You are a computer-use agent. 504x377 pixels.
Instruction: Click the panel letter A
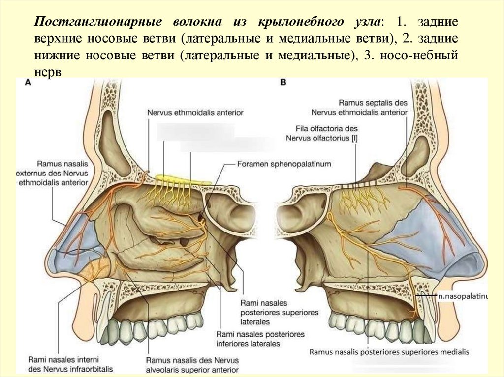coord(28,84)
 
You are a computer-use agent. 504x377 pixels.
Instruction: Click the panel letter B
coord(283,84)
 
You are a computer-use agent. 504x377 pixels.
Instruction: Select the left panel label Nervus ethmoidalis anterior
coord(195,112)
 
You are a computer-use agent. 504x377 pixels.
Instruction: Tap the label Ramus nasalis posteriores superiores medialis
coord(389,352)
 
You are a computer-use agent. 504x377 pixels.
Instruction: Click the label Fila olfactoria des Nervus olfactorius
coord(322,134)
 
